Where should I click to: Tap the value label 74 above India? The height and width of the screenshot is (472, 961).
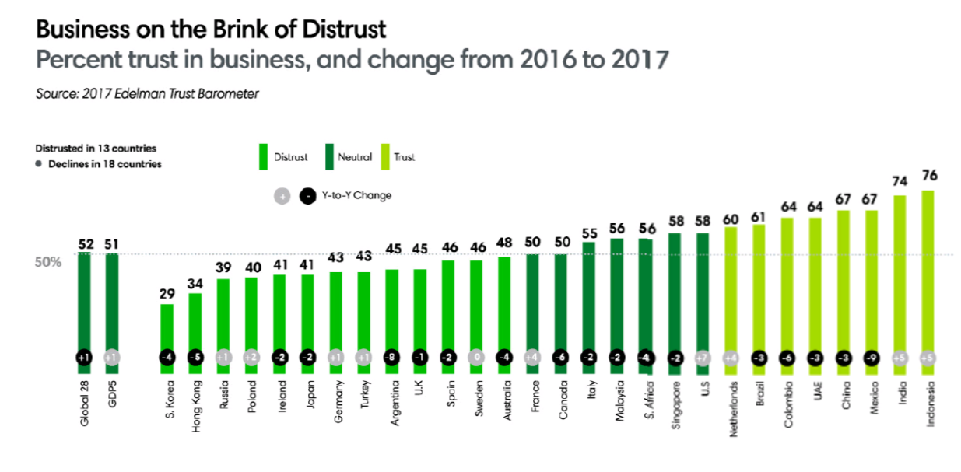click(x=900, y=180)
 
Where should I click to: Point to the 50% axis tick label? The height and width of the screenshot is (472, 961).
click(x=47, y=261)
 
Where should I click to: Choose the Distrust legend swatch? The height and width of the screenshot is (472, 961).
click(x=263, y=156)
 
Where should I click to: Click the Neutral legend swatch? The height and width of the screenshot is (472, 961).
click(x=326, y=156)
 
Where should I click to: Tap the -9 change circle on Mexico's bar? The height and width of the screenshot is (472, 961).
click(x=872, y=358)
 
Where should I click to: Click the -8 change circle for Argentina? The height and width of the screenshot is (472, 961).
click(x=391, y=358)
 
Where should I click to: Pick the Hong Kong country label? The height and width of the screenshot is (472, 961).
click(x=195, y=404)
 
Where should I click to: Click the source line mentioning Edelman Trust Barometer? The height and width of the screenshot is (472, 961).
click(x=147, y=93)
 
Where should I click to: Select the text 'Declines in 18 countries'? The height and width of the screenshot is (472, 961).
click(x=104, y=164)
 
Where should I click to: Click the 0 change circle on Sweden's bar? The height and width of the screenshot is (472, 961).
click(x=475, y=358)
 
